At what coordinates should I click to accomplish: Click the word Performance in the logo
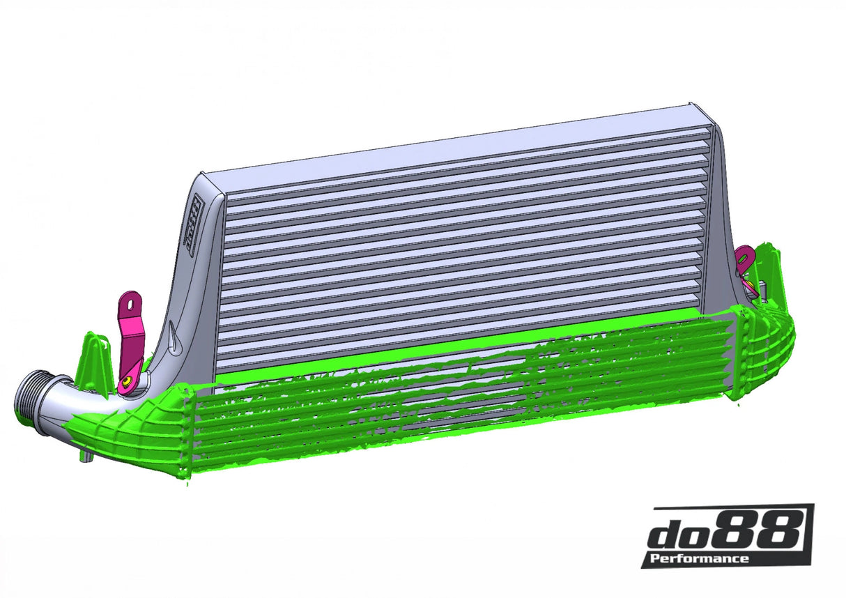(699, 558)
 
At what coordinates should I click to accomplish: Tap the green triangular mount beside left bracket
(93, 362)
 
